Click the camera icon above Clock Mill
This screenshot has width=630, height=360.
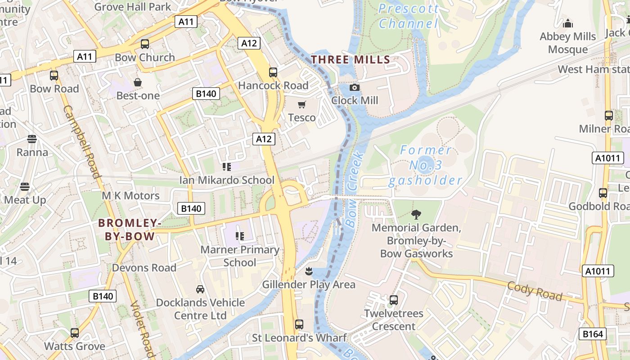point(355,87)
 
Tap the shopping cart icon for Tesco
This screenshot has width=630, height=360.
point(301,105)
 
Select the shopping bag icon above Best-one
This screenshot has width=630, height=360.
point(138,82)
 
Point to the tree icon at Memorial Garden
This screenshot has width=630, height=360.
point(416,215)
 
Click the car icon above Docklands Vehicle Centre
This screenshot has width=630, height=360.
point(200,289)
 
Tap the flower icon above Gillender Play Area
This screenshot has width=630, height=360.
point(309,271)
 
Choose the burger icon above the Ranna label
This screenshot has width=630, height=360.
point(32,139)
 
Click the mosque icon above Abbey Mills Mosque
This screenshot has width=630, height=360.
point(568,23)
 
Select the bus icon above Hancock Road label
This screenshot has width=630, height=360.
point(273,72)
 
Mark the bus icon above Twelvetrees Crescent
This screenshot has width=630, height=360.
point(394,300)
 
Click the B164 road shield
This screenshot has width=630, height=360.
point(592,333)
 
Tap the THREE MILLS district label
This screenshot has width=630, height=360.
point(351,59)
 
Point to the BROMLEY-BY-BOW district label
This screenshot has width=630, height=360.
point(130,229)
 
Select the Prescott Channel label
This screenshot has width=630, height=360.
point(408,16)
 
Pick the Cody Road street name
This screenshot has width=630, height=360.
point(535,291)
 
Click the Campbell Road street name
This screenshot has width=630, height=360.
point(82,142)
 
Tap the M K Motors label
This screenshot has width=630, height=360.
point(130,196)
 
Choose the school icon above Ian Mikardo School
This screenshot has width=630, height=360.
point(226,167)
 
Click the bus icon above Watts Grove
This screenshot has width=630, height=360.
point(75,333)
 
